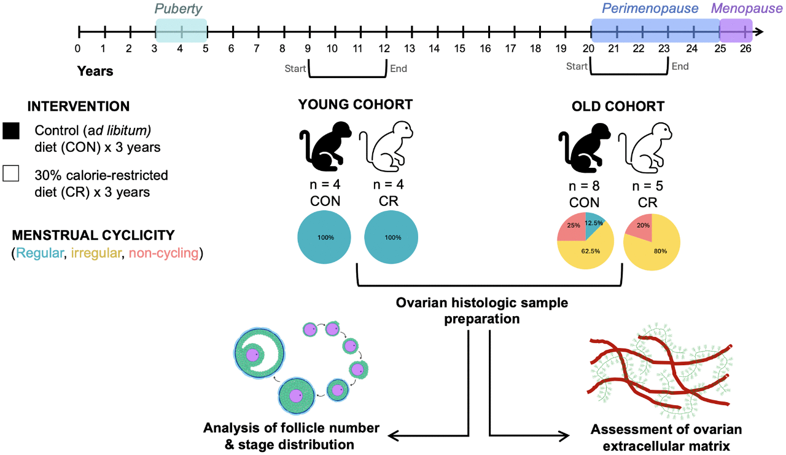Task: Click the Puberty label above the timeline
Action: pos(178,9)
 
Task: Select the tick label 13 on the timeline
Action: pos(409,49)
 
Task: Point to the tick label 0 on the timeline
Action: pos(77,49)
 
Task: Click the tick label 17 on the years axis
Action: pos(510,49)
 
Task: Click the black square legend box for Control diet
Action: pos(11,131)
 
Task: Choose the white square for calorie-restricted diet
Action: pos(11,173)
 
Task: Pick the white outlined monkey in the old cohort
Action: pos(645,148)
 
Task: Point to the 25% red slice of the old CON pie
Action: pos(574,228)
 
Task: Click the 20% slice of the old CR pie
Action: pos(642,227)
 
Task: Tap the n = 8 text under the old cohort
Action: pos(584,186)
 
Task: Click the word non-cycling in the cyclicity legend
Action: pos(163,253)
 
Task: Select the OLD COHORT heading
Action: pos(618,106)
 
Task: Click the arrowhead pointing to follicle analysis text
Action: pos(394,436)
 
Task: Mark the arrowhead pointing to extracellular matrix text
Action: pos(564,436)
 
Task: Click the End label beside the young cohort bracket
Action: pos(399,68)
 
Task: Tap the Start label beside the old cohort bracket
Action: pos(577,66)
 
